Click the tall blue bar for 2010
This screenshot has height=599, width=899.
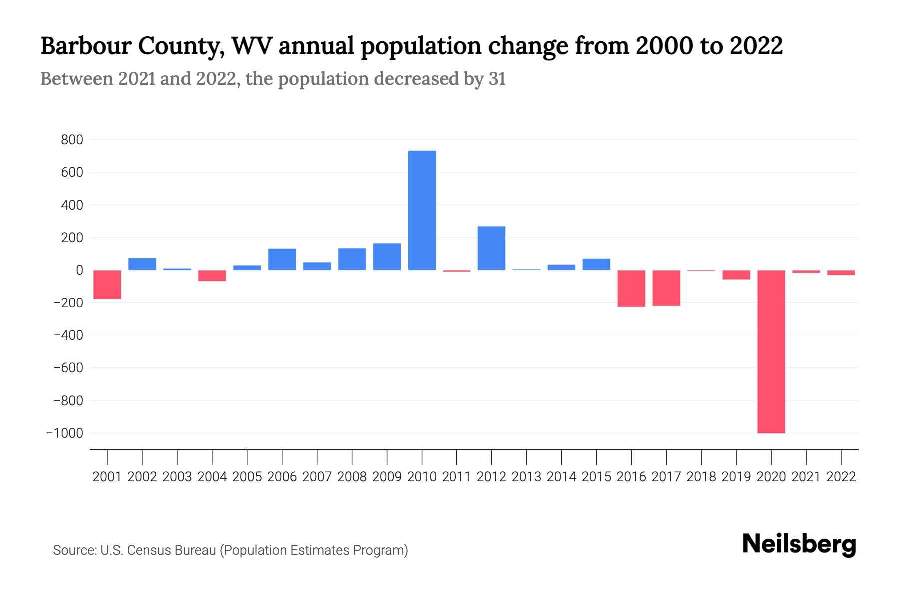click(422, 210)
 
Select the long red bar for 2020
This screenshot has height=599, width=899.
click(771, 351)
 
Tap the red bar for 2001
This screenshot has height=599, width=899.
click(107, 285)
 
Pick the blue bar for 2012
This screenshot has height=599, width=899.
click(491, 248)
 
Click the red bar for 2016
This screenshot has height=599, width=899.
click(631, 289)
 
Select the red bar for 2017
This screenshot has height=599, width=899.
click(666, 288)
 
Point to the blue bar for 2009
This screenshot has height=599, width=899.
click(387, 257)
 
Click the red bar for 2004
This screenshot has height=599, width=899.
click(212, 276)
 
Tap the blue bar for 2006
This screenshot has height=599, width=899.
click(282, 259)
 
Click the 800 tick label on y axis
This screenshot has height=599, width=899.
click(72, 140)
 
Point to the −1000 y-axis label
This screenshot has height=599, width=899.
click(65, 433)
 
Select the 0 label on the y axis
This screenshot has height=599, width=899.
click(79, 270)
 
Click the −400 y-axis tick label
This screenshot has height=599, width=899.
click(68, 335)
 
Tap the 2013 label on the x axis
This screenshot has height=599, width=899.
click(526, 477)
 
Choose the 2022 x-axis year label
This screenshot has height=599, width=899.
click(841, 477)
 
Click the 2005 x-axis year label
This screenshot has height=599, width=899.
click(247, 477)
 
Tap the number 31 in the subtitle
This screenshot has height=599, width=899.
click(497, 79)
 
